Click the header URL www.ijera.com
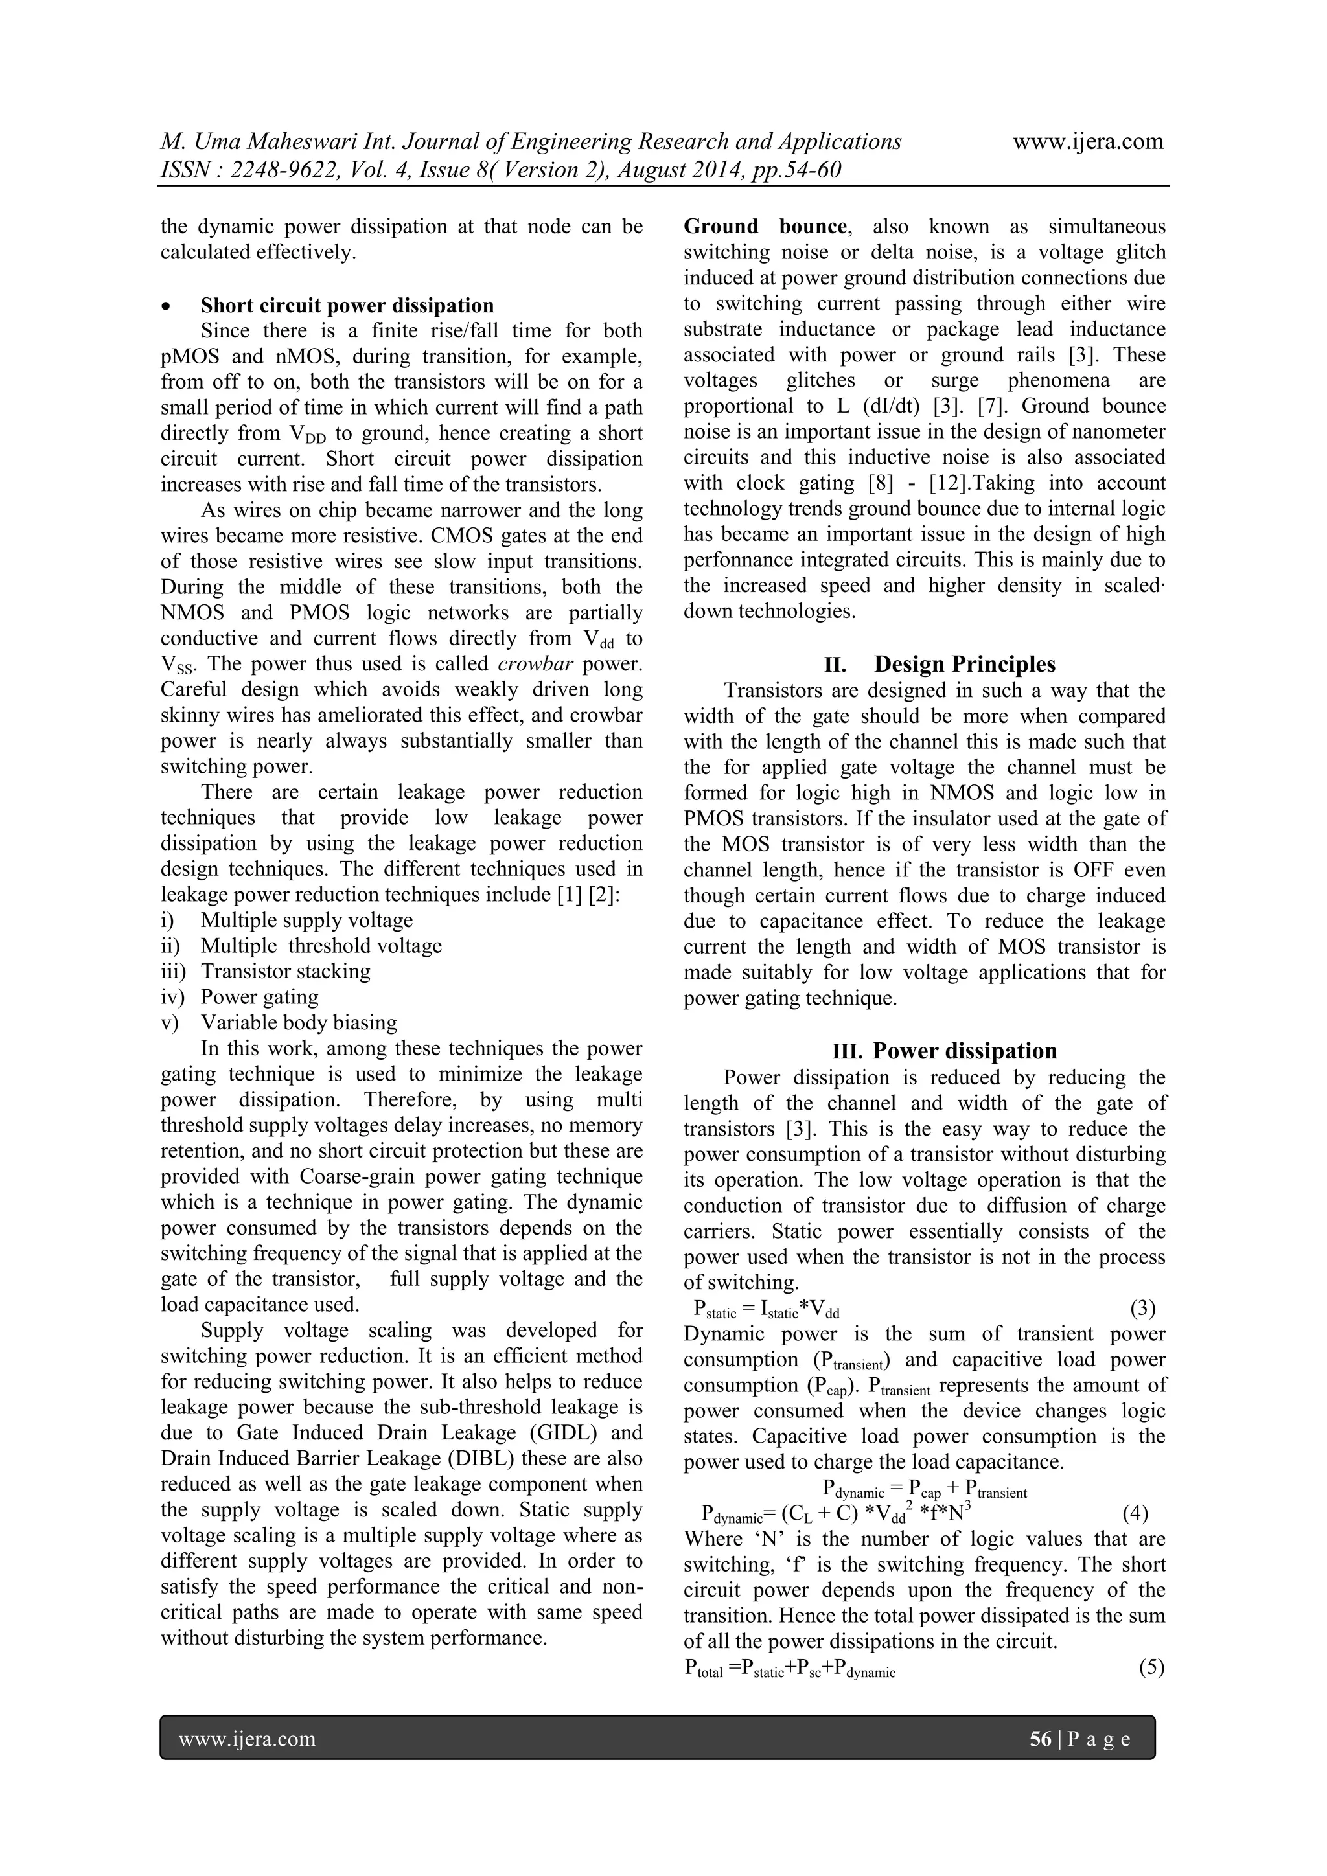(x=1088, y=141)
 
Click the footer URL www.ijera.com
(x=247, y=1739)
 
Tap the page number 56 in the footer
(x=1040, y=1739)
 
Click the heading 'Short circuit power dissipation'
(x=347, y=306)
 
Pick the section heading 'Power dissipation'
(x=964, y=1051)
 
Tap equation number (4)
(x=1135, y=1514)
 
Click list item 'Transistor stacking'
(x=285, y=972)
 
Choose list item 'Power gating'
(x=260, y=997)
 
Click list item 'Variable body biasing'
(x=299, y=1023)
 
